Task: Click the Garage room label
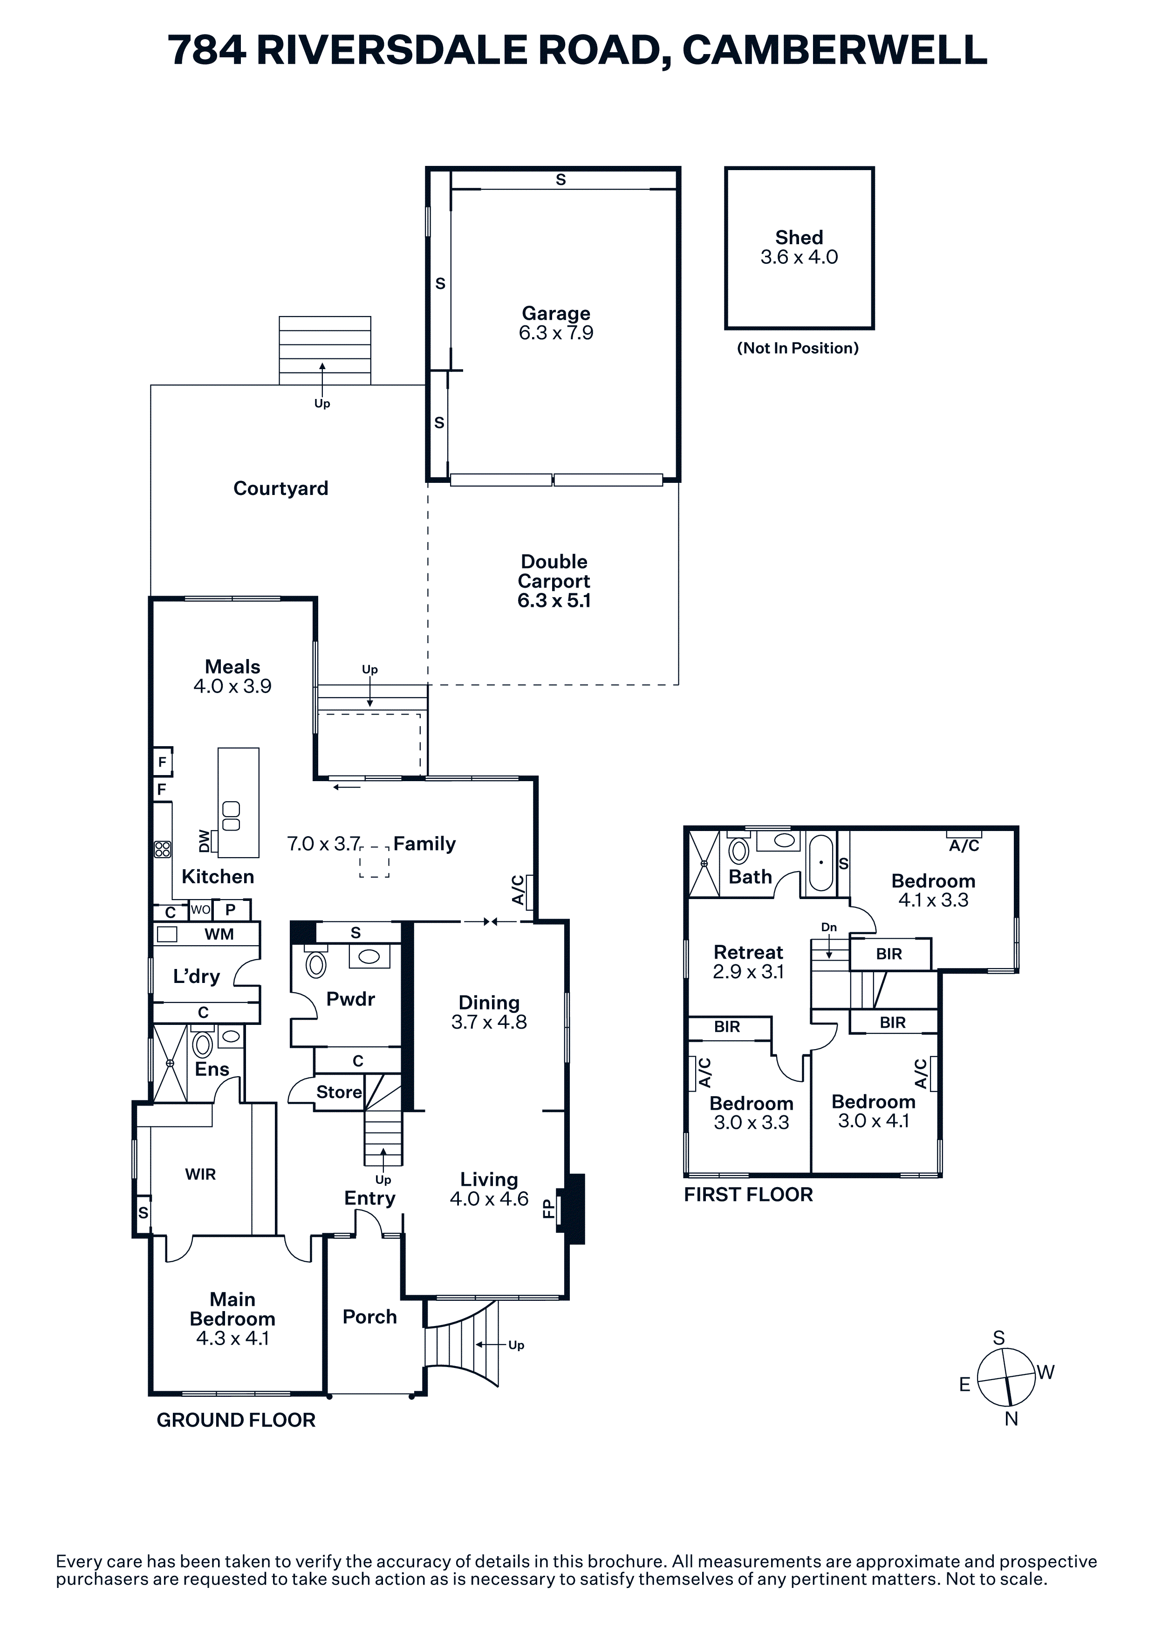556,313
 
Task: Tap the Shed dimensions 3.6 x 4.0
799,258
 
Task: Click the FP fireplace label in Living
548,1209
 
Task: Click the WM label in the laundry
219,934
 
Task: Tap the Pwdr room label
350,999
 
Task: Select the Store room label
339,1092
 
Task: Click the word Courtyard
280,488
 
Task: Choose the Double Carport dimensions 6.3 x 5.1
554,601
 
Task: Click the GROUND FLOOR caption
236,1420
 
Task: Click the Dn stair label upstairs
829,927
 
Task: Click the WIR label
200,1174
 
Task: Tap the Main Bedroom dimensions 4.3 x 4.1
232,1338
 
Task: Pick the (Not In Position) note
798,348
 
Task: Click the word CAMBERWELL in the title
834,50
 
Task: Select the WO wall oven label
201,910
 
